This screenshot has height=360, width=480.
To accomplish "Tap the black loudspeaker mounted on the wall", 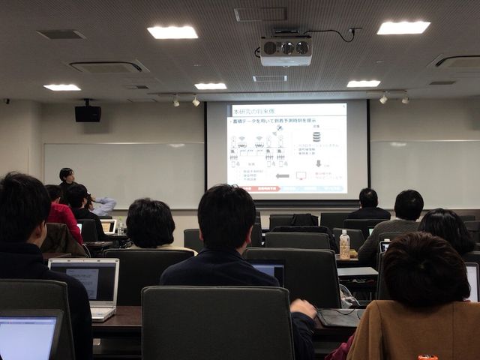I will [x=88, y=113].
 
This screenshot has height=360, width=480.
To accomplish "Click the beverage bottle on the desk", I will [x=344, y=245].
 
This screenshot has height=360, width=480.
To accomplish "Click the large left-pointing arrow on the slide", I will [x=282, y=175].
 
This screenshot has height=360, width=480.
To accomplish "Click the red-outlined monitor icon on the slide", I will [x=301, y=175].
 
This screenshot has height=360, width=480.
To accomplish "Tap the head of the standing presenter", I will [x=66, y=175].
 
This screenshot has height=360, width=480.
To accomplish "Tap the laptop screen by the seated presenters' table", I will [x=108, y=226].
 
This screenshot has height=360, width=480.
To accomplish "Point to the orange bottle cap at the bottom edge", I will [x=427, y=357].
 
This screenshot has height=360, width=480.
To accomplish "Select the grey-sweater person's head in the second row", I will [x=408, y=204].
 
